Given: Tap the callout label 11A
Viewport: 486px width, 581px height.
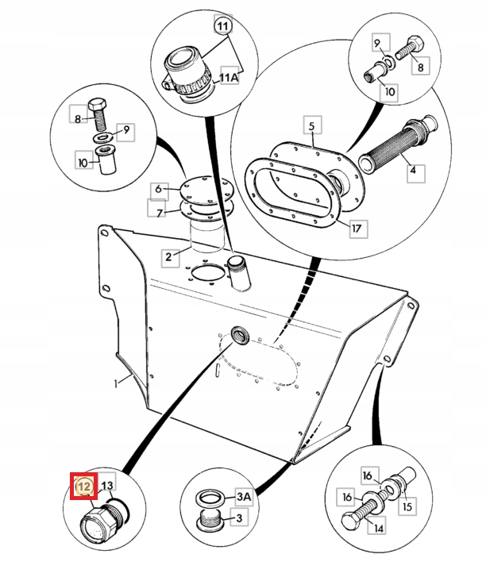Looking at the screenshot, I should coord(229,77).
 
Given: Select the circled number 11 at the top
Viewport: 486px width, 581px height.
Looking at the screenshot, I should coord(222,27).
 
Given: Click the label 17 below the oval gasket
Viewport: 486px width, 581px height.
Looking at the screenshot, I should coord(357,229).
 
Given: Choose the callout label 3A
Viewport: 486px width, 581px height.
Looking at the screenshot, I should coord(243,498).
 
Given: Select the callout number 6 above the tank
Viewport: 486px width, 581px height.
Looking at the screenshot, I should coord(158,189).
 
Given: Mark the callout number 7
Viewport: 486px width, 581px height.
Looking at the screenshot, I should coord(158,212).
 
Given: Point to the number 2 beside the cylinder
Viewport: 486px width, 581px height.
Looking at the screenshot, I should coord(168,256).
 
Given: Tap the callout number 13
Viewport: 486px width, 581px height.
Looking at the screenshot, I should coord(107,486).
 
